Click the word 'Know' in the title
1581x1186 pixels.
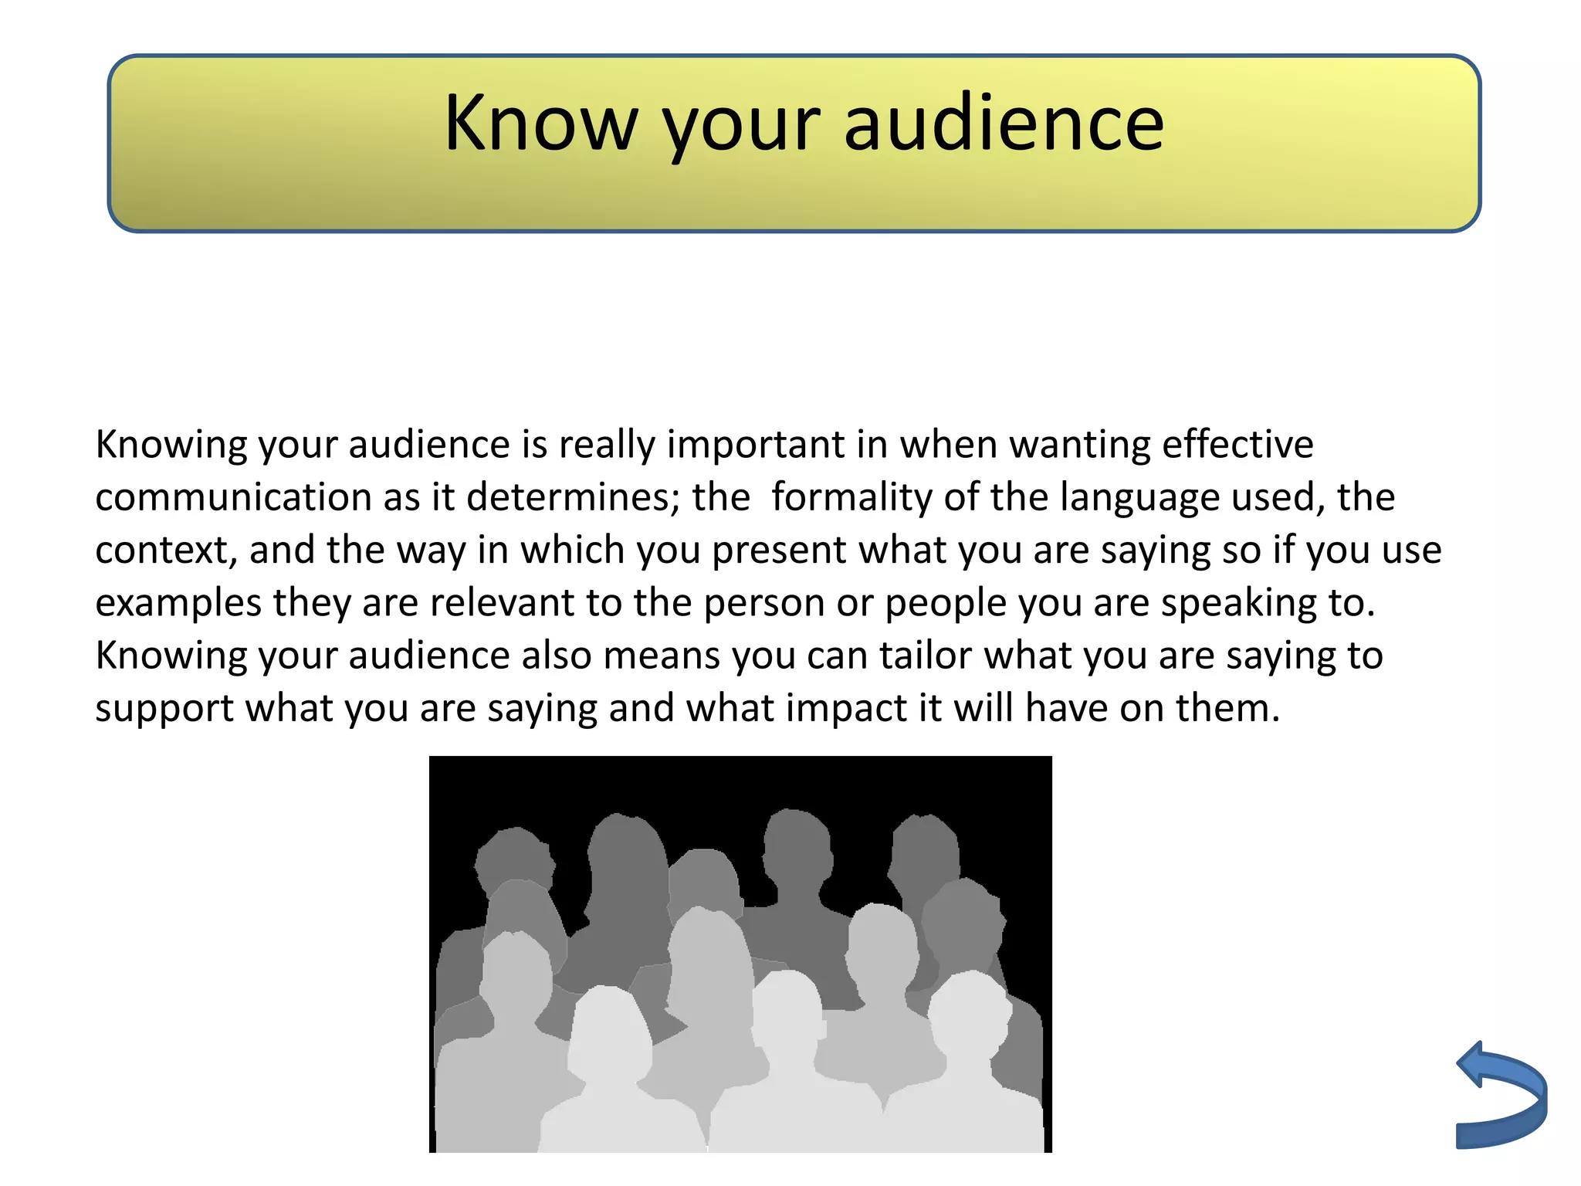click(x=540, y=124)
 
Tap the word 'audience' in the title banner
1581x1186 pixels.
click(x=1004, y=124)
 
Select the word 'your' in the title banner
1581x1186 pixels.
click(x=741, y=127)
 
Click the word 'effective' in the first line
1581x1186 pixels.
click(x=1237, y=445)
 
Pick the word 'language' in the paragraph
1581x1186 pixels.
click(x=1140, y=499)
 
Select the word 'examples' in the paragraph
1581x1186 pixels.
click(x=178, y=604)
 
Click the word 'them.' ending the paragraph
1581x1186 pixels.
click(x=1228, y=709)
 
